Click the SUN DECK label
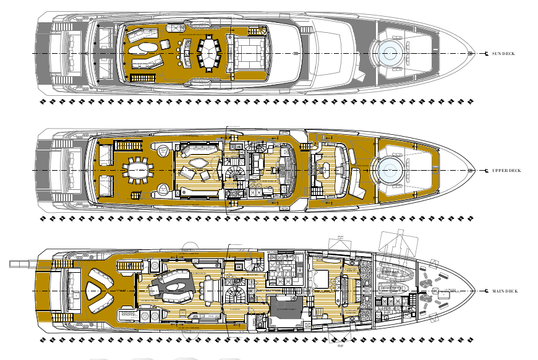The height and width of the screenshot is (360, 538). (x=503, y=54)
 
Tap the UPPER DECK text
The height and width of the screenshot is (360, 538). (x=506, y=171)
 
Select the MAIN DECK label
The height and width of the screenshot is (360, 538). (x=505, y=291)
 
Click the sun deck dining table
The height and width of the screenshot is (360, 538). (x=210, y=52)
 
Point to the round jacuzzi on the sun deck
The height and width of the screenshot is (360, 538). (x=391, y=53)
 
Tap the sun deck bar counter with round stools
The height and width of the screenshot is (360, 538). (x=184, y=52)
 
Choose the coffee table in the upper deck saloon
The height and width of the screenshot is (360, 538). (x=198, y=163)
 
